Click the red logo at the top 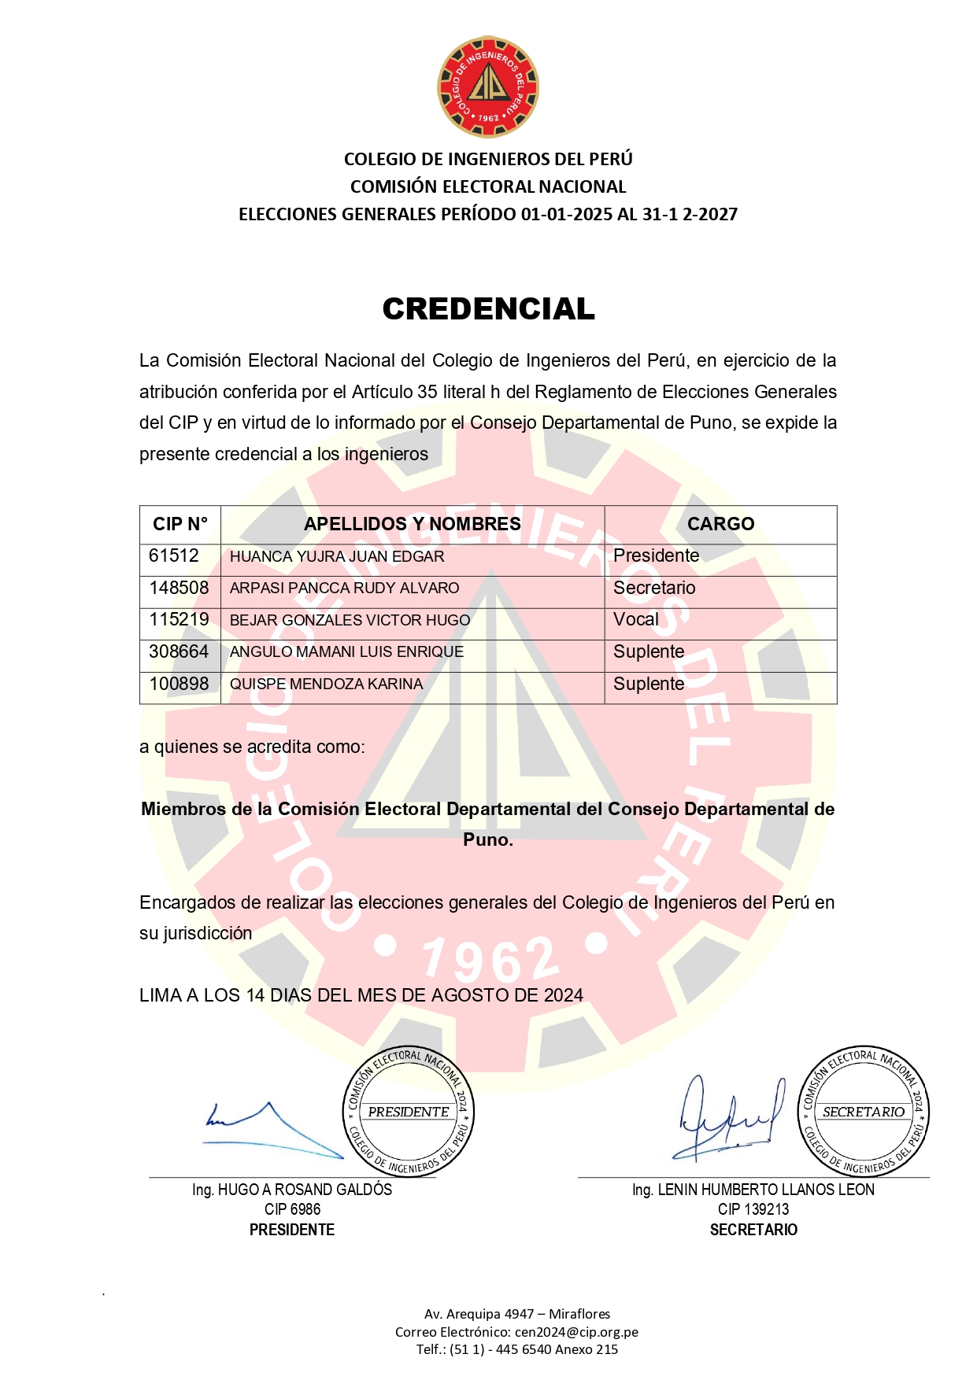coord(488,87)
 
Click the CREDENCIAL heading coord(488,309)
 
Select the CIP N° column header coord(180,524)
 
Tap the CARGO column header coord(720,524)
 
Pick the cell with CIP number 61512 coord(174,556)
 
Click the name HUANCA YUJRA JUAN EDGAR coord(337,557)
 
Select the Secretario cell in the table coord(654,589)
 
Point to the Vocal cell coord(636,620)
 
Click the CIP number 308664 coord(179,652)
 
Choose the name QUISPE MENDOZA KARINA coord(326,684)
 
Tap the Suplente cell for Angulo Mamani coord(649,652)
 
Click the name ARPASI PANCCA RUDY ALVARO coord(344,589)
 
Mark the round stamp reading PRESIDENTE coord(409,1112)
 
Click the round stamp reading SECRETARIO coord(864,1112)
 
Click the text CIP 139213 coord(753,1210)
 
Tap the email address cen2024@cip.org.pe coord(576,1332)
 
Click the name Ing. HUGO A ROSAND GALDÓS coord(292,1190)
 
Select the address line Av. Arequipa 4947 coord(516,1314)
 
